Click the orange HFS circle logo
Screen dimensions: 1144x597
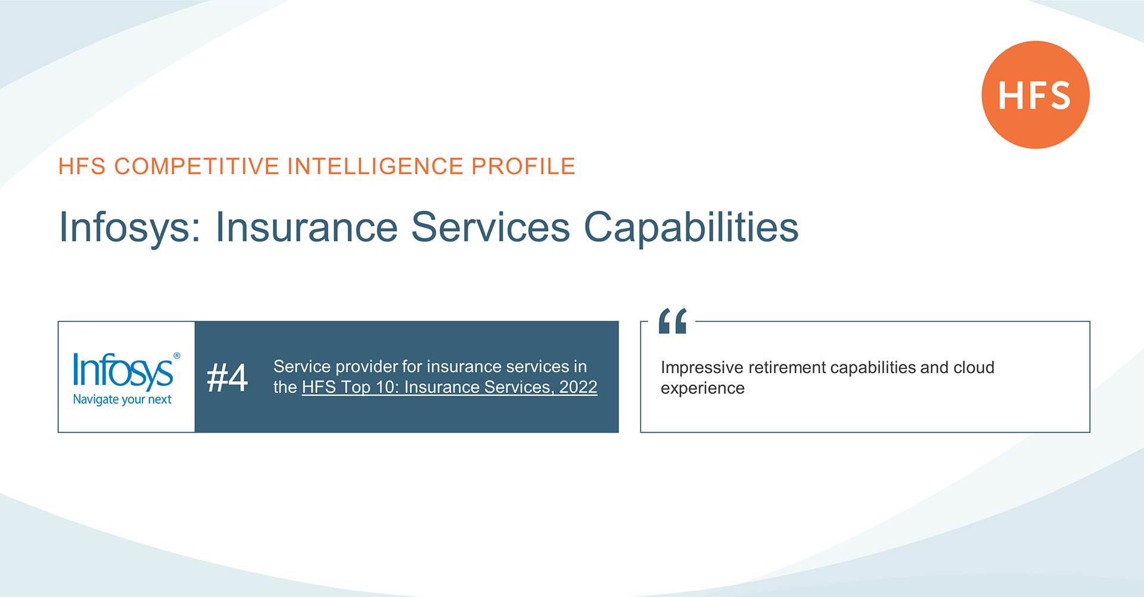point(1036,95)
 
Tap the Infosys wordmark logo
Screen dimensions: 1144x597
point(123,371)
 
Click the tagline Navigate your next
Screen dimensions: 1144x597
point(122,399)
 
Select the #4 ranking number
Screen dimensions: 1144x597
point(227,377)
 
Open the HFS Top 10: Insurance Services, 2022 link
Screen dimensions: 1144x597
point(449,387)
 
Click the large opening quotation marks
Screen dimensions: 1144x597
point(673,321)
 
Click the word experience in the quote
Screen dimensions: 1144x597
point(702,388)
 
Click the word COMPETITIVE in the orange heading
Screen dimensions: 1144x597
point(197,166)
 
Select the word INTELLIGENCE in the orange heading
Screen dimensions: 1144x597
point(375,166)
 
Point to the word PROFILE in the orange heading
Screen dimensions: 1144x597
point(523,166)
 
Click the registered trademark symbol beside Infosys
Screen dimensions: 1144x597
point(176,356)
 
